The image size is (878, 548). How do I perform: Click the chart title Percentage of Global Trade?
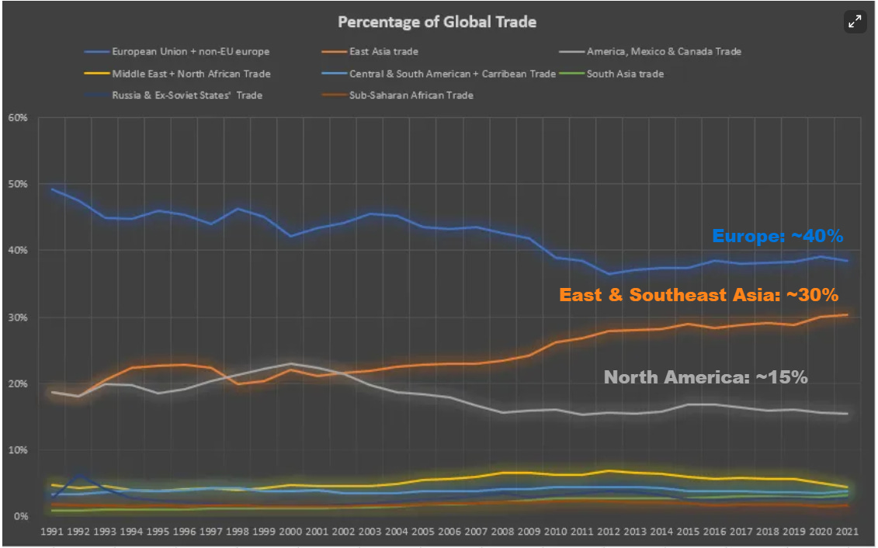click(437, 22)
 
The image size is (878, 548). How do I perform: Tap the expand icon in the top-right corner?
click(855, 22)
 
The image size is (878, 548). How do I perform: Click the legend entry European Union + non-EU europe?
click(190, 52)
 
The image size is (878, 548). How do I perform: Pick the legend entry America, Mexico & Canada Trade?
click(663, 52)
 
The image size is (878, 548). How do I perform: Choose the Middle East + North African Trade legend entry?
click(190, 74)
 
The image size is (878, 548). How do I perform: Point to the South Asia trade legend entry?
click(624, 74)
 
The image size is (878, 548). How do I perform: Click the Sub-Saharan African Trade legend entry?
click(411, 95)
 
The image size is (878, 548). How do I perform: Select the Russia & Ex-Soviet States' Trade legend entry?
click(187, 95)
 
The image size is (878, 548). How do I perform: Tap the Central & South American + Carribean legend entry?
click(452, 74)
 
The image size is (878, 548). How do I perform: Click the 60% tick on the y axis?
click(18, 118)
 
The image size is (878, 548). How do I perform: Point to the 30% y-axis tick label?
click(18, 317)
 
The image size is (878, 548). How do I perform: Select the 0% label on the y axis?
click(20, 516)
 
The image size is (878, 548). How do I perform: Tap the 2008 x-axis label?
click(501, 532)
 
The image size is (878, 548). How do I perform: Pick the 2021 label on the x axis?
click(845, 532)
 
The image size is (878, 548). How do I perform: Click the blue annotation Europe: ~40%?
click(777, 236)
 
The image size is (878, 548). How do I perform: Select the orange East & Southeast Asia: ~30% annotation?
click(699, 295)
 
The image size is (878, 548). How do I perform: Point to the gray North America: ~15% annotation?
click(706, 377)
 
